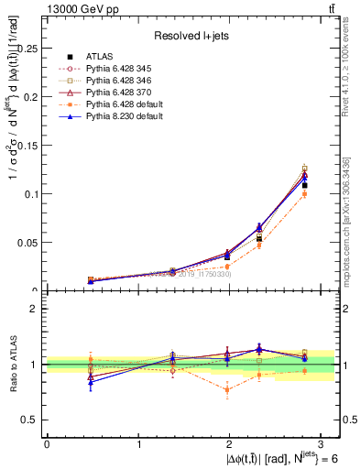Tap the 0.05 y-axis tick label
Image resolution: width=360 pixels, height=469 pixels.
click(x=28, y=243)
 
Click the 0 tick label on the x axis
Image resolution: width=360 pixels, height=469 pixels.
click(x=47, y=442)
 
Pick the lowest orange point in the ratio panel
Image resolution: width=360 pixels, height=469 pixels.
click(x=226, y=390)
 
